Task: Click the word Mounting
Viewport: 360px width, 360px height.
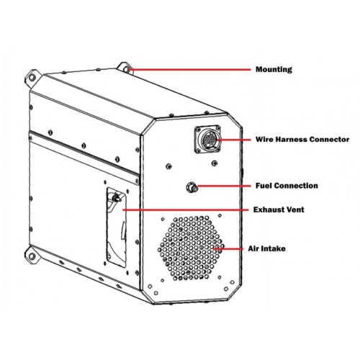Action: point(274,70)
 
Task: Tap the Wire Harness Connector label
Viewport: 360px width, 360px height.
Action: point(302,140)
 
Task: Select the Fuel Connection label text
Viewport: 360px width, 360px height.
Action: point(287,186)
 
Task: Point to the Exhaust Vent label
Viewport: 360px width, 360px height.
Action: point(279,210)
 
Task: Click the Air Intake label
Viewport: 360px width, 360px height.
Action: point(266,248)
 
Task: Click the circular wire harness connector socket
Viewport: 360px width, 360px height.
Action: point(208,139)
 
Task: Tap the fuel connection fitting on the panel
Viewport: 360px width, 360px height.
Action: point(192,187)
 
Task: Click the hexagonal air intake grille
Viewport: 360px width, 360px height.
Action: point(191,248)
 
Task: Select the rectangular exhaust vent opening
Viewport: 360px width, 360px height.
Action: point(117,227)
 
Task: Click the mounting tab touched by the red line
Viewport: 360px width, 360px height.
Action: point(125,68)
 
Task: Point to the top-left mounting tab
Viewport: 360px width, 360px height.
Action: point(32,77)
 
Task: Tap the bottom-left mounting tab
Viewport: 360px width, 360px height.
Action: point(32,256)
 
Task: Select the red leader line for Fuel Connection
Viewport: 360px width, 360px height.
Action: point(224,186)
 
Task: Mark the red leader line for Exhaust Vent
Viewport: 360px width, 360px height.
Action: point(186,210)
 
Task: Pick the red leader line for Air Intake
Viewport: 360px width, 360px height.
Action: point(229,249)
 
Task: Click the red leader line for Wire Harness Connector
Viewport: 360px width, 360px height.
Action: point(233,140)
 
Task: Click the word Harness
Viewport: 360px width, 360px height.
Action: point(291,140)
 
